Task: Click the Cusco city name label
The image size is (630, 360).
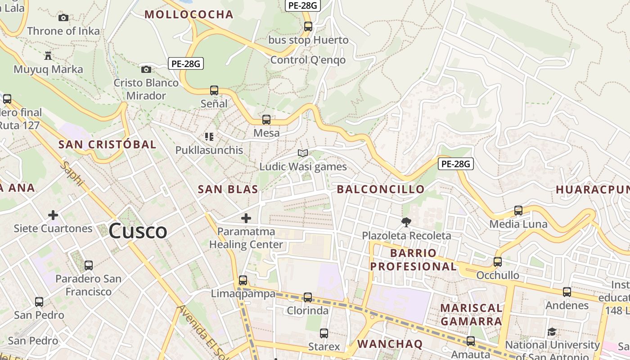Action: (x=138, y=231)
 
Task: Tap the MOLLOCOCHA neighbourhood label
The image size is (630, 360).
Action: (x=189, y=14)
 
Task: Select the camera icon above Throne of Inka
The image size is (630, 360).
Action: (x=63, y=18)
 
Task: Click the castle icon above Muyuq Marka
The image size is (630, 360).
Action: (x=48, y=56)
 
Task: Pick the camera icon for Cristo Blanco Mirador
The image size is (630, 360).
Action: (x=146, y=69)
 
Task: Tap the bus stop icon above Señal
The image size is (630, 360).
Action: (x=214, y=90)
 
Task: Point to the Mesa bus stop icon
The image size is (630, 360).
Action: (x=266, y=120)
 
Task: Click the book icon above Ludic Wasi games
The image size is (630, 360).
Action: (x=303, y=153)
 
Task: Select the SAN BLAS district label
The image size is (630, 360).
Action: (x=228, y=189)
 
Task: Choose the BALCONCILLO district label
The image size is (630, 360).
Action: (x=381, y=189)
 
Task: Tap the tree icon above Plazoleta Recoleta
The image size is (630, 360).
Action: (x=406, y=222)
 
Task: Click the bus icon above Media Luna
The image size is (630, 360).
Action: (x=518, y=210)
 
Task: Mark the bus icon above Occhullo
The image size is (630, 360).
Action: (x=498, y=261)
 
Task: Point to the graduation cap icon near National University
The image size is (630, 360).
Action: (x=552, y=333)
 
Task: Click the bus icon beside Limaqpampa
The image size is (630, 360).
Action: (x=243, y=280)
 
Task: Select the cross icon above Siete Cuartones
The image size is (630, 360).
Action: (x=53, y=215)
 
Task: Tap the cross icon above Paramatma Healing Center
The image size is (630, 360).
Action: (x=246, y=218)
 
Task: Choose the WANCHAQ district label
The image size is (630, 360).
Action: (x=390, y=344)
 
